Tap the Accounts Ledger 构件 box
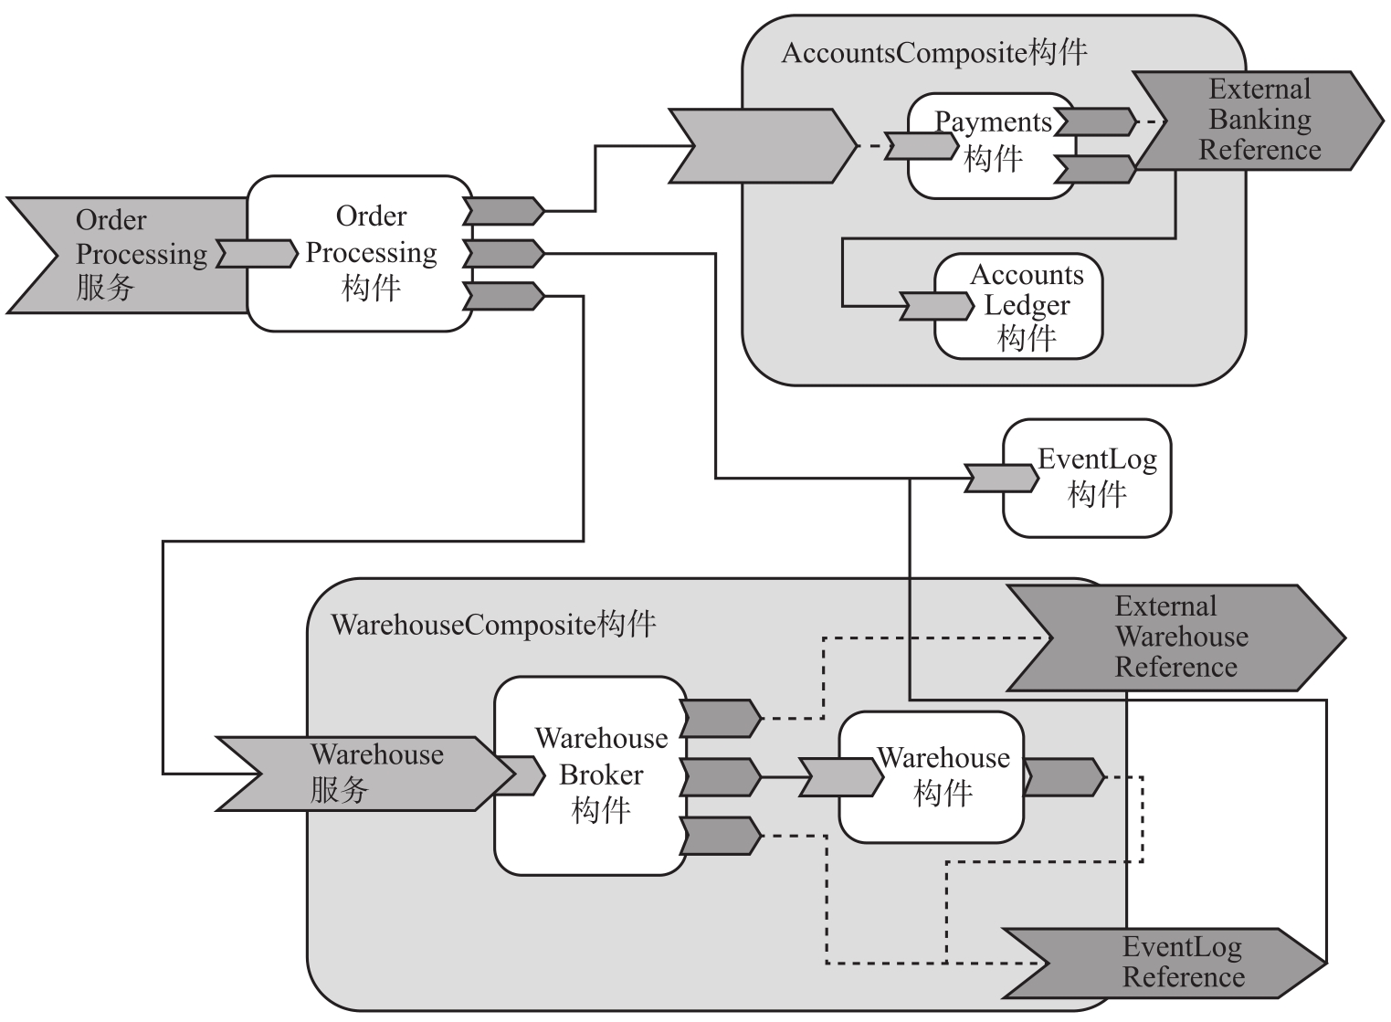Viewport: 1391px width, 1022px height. coord(1027,307)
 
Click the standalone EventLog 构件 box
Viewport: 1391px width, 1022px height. coord(1096,478)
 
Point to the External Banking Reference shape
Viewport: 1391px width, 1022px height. coord(1260,121)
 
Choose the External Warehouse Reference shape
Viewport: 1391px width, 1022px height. coord(1178,637)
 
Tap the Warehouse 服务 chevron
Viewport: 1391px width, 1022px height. coord(365,774)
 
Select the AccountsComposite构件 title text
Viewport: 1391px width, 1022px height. coord(934,53)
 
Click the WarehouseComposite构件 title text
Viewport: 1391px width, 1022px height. coord(493,625)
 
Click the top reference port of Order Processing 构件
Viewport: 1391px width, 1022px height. coord(503,211)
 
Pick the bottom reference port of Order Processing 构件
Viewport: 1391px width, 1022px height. coord(503,296)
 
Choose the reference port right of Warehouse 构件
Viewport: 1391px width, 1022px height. coord(1063,777)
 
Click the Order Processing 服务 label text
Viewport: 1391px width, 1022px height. coord(137,254)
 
